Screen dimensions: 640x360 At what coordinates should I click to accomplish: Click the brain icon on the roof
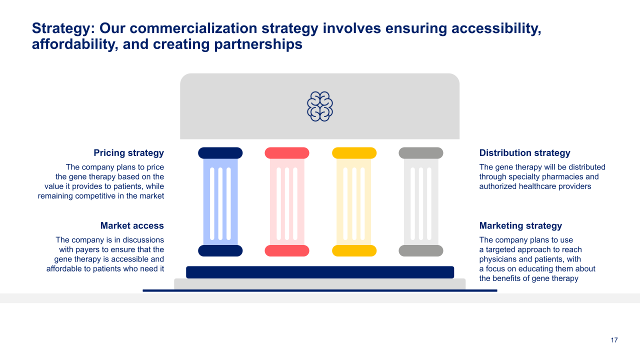[320, 106]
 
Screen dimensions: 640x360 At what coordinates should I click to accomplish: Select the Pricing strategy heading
[128, 153]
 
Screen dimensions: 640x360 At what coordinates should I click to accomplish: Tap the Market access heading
[132, 225]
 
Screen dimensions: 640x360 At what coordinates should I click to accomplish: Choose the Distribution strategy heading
[524, 153]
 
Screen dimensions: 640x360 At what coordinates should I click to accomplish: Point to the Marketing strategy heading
[520, 225]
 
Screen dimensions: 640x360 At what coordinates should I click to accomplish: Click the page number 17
[614, 340]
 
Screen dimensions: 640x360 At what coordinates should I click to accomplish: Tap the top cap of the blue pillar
[220, 153]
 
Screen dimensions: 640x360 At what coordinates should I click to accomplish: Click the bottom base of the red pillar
[287, 250]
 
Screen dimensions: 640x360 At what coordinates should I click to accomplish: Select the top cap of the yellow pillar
[354, 153]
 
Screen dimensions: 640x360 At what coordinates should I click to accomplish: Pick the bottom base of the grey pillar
[421, 250]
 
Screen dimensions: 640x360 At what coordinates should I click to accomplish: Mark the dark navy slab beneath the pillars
[320, 272]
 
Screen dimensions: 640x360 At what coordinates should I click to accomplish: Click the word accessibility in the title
[496, 28]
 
